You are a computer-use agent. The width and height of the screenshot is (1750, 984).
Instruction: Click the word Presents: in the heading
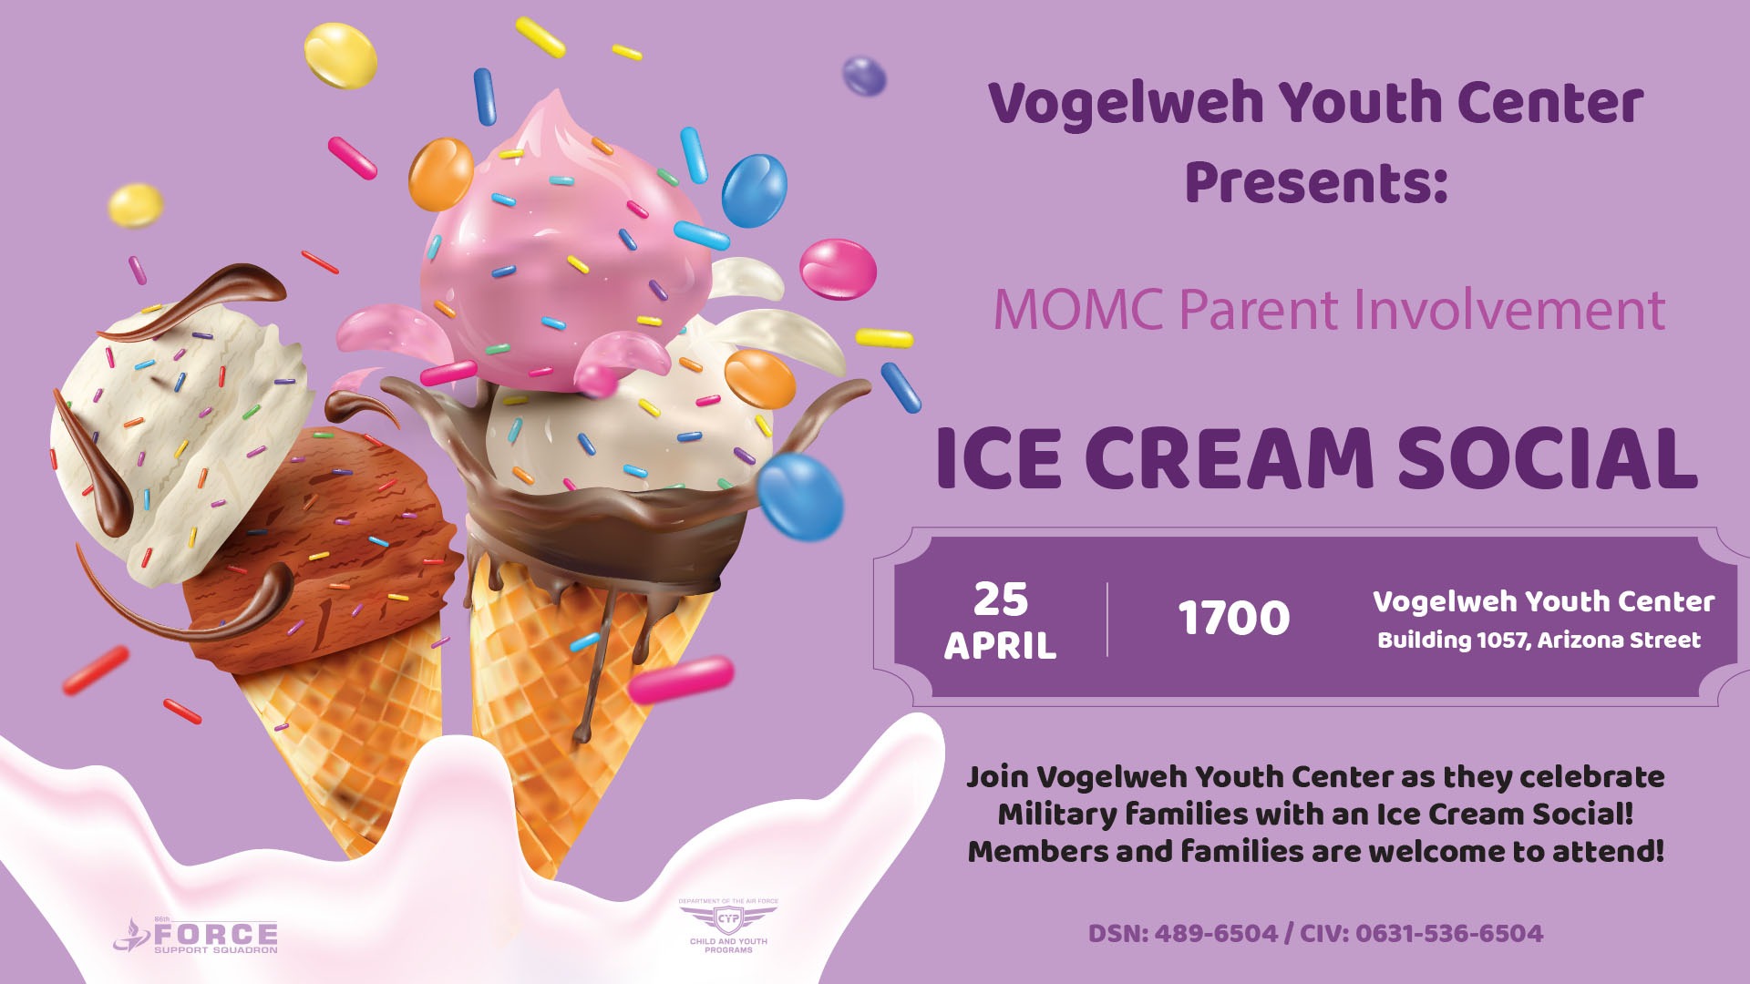point(1316,181)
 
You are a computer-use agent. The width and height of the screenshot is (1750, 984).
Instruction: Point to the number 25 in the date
point(1001,600)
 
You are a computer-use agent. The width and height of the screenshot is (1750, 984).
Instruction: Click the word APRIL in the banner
point(1000,646)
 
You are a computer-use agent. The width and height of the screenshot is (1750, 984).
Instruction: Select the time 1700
point(1234,618)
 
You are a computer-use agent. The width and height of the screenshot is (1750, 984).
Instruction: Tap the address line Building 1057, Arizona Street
point(1539,640)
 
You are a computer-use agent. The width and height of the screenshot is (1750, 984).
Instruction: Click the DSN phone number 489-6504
point(1216,934)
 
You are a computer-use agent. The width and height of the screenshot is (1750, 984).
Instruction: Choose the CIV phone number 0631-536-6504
point(1449,934)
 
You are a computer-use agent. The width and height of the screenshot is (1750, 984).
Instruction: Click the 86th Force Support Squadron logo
point(196,934)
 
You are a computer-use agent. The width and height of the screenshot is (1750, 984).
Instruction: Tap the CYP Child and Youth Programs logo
point(728,925)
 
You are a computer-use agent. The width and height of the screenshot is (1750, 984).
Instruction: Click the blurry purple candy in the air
point(863,76)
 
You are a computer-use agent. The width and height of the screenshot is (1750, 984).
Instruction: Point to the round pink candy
point(838,269)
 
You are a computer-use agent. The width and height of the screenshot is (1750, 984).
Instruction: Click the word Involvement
point(1509,310)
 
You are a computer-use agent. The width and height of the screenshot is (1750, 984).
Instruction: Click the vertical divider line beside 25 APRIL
point(1107,619)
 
